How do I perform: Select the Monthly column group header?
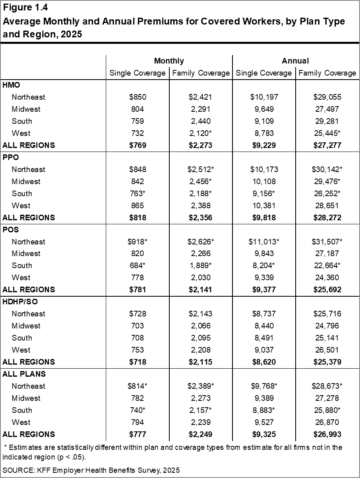pyautogui.click(x=169, y=61)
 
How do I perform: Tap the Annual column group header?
pyautogui.click(x=295, y=61)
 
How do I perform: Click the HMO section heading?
pyautogui.click(x=11, y=85)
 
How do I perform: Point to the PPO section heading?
pyautogui.click(x=11, y=157)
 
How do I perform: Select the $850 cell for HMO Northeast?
pyautogui.click(x=138, y=97)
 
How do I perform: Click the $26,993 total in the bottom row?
pyautogui.click(x=327, y=434)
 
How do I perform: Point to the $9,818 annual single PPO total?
pyautogui.click(x=264, y=217)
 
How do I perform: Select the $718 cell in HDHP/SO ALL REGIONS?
pyautogui.click(x=138, y=362)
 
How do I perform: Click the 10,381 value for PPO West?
pyautogui.click(x=264, y=205)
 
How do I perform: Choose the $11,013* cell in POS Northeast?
pyautogui.click(x=264, y=242)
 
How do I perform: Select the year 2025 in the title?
pyautogui.click(x=72, y=34)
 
